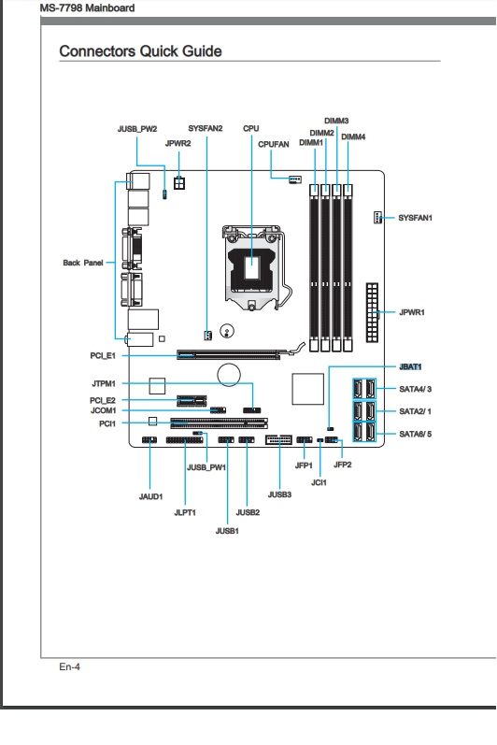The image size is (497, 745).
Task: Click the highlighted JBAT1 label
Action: click(x=410, y=366)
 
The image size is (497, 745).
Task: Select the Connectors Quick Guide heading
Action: click(x=140, y=51)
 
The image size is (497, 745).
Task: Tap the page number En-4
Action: click(x=70, y=666)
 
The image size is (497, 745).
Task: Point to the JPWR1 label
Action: click(x=412, y=312)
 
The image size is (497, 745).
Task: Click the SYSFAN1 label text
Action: click(x=415, y=218)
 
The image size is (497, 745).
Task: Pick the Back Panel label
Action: click(x=83, y=263)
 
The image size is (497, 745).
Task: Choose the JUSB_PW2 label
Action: click(x=137, y=129)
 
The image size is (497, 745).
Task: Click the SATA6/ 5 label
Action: click(x=416, y=434)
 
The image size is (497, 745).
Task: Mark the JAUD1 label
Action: click(x=151, y=496)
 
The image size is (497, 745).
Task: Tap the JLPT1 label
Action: click(x=185, y=512)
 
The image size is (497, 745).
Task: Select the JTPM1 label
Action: click(x=104, y=383)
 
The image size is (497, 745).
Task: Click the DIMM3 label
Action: click(x=336, y=121)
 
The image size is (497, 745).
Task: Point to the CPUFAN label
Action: click(x=274, y=145)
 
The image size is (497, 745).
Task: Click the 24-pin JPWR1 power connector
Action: click(x=372, y=312)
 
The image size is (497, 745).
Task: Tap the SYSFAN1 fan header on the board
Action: click(x=377, y=218)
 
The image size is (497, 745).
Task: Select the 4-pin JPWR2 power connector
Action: click(x=179, y=183)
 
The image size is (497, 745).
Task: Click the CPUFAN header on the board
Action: click(x=295, y=179)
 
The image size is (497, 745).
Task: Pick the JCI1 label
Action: click(x=319, y=482)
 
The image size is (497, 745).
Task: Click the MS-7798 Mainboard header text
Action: click(x=87, y=8)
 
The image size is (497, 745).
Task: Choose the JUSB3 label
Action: click(x=279, y=494)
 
